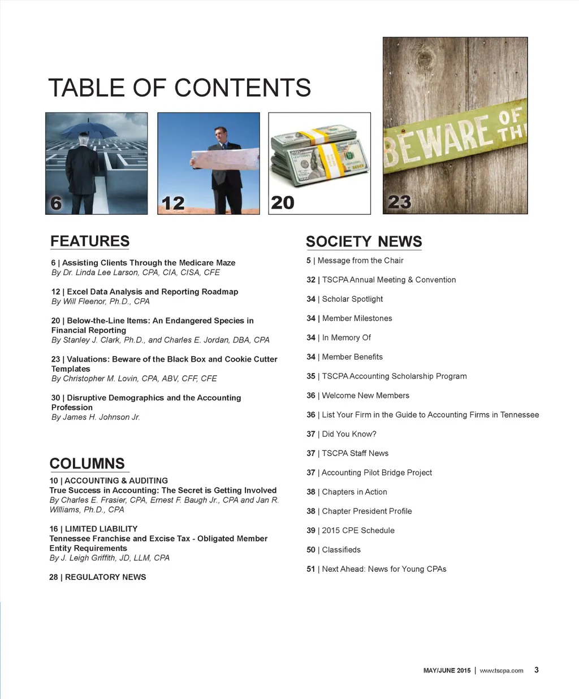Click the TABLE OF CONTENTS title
coord(179,88)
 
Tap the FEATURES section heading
coord(90,241)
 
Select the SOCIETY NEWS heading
coord(364,242)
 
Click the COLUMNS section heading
coord(87,463)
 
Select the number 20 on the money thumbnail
coord(283,203)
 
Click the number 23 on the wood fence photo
coord(399,202)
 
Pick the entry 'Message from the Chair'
coord(360,261)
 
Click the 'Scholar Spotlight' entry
coord(352,299)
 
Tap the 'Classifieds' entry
coord(341,550)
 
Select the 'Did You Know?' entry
coord(349,434)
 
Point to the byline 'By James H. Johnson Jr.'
coord(96,417)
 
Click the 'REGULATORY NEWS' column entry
coord(105,577)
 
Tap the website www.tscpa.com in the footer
coord(501,671)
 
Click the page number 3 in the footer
coord(537,670)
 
